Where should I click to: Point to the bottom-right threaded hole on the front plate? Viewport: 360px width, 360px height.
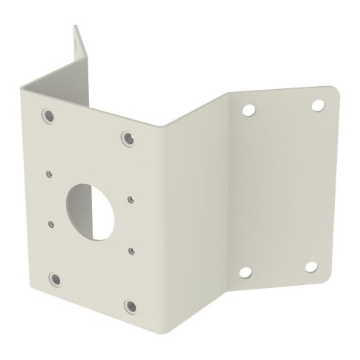pos(130,306)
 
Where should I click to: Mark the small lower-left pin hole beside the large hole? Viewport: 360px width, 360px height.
pos(51,221)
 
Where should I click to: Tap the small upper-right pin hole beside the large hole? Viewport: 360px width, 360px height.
pos(130,198)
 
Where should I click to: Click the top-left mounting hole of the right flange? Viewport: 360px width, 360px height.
pos(247,108)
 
